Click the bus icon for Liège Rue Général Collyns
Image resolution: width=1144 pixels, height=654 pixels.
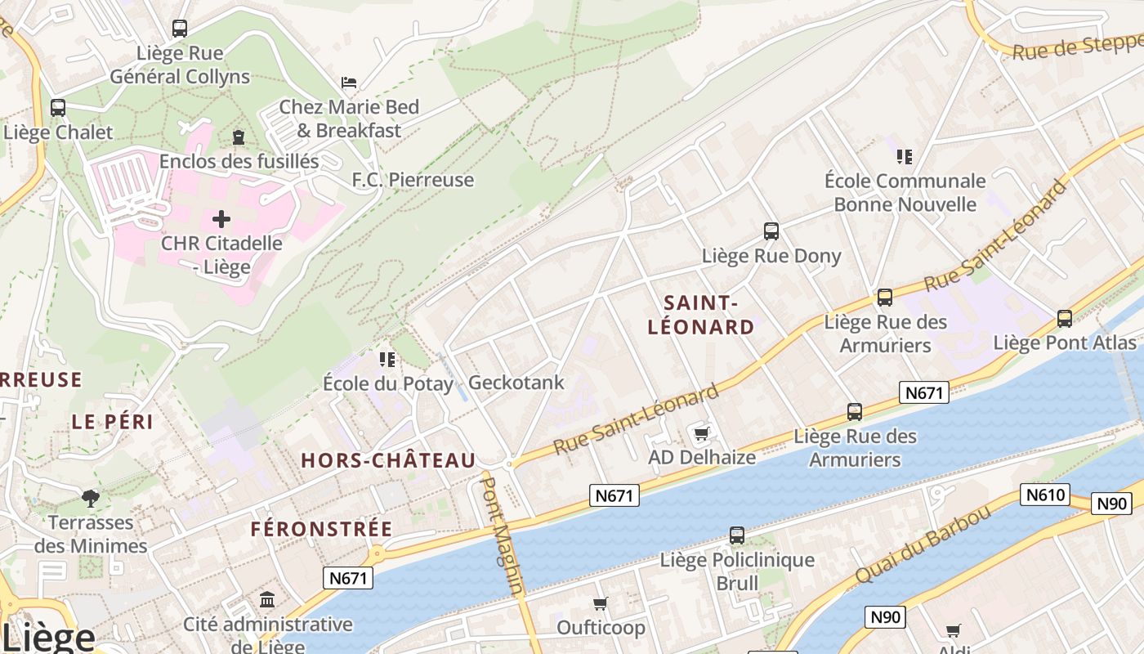click(180, 29)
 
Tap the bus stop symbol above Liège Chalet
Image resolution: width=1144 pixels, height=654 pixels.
click(58, 108)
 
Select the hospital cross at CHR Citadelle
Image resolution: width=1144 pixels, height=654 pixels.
click(221, 219)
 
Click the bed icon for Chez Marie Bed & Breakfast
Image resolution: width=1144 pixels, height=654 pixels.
click(349, 83)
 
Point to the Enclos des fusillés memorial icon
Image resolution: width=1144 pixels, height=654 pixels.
click(239, 137)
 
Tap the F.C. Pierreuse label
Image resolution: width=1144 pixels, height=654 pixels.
click(413, 180)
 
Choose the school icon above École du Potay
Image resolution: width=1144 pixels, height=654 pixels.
click(387, 360)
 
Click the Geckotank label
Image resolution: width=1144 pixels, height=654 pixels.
click(516, 383)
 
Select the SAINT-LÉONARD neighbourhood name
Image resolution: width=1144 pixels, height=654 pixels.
click(700, 316)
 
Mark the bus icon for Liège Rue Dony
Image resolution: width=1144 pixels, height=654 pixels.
click(771, 231)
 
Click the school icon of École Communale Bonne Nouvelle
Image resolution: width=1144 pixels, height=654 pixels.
click(904, 156)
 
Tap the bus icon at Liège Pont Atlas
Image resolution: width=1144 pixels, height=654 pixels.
click(1065, 319)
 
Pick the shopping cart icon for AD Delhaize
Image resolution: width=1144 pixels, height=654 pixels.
click(701, 433)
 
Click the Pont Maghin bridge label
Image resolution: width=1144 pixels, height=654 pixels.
click(502, 535)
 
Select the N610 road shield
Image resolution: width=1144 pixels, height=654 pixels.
click(1044, 494)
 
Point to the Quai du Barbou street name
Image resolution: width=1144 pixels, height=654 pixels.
click(923, 544)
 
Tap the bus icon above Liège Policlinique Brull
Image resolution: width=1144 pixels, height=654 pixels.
click(737, 535)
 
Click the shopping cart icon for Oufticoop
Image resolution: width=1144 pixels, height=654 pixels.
click(601, 604)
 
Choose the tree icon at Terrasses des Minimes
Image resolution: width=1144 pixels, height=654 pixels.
click(91, 498)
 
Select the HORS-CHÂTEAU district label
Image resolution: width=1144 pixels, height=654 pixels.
click(388, 461)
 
